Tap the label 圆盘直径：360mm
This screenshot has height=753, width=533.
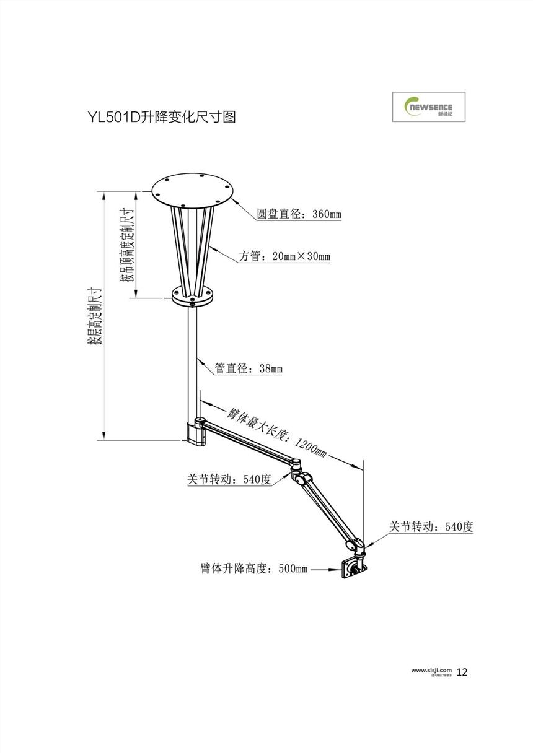pyautogui.click(x=299, y=215)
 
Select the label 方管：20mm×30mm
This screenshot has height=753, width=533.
pyautogui.click(x=284, y=256)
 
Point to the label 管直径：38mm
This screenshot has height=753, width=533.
pyautogui.click(x=248, y=368)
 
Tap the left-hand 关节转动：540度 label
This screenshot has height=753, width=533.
pyautogui.click(x=229, y=479)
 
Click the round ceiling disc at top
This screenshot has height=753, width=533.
pyautogui.click(x=192, y=191)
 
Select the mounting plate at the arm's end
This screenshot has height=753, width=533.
pyautogui.click(x=351, y=568)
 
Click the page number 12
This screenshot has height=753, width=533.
pyautogui.click(x=462, y=672)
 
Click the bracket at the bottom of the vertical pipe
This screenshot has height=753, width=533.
pyautogui.click(x=196, y=432)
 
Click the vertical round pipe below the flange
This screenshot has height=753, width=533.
pyautogui.click(x=193, y=359)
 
